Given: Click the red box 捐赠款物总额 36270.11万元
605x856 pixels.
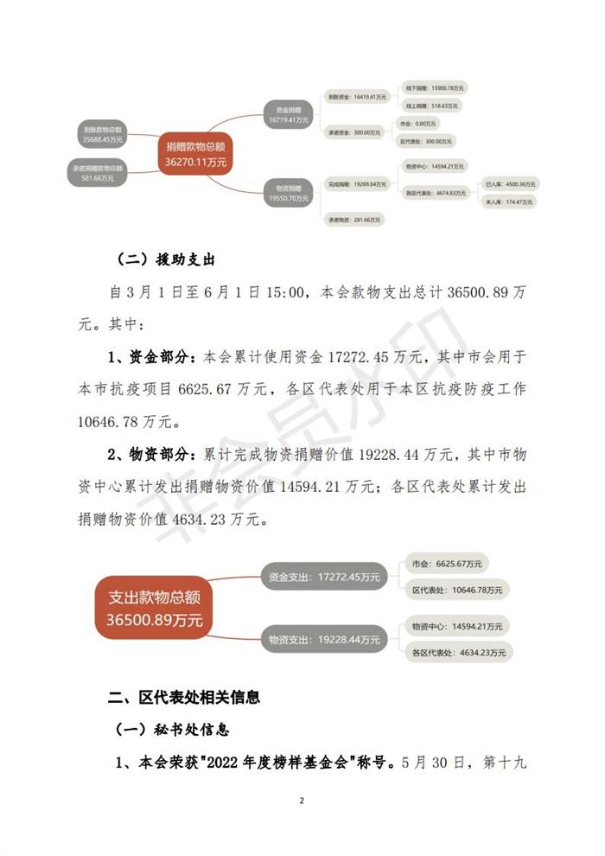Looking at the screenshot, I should click(x=195, y=153).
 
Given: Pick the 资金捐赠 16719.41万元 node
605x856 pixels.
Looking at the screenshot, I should click(x=289, y=114).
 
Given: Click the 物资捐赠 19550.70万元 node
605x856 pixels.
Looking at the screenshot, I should click(x=289, y=193).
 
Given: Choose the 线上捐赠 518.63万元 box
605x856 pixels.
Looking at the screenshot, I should click(x=430, y=105).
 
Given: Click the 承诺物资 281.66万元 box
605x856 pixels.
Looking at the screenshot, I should click(x=353, y=220).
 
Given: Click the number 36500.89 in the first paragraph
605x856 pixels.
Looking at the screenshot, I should click(x=479, y=293).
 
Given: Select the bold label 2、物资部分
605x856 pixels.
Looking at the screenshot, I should click(x=152, y=454).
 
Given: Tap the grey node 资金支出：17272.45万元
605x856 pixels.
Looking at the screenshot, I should click(x=324, y=575).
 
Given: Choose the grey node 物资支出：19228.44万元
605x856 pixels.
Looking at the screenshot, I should click(x=324, y=640).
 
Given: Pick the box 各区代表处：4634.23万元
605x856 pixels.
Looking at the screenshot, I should click(x=457, y=653).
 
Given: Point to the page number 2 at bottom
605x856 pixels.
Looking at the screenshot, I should click(x=302, y=801).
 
